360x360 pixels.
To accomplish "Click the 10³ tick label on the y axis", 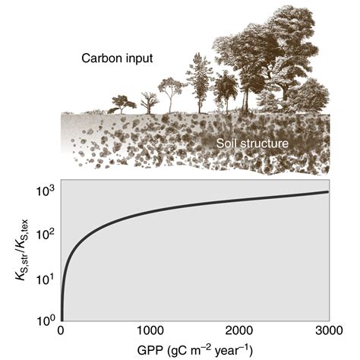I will click(x=47, y=192).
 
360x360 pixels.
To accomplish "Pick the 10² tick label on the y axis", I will click(x=47, y=235).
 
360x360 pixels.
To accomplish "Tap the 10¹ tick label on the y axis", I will click(x=47, y=277).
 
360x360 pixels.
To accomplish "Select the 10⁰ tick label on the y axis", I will click(x=47, y=320).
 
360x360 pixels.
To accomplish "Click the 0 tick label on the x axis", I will click(x=62, y=331).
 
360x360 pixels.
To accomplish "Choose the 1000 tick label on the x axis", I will click(x=150, y=331).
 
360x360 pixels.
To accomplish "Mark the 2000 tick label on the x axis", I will click(x=239, y=331).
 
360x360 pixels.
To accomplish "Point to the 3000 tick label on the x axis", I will click(x=327, y=331).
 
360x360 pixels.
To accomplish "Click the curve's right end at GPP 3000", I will click(x=328, y=191).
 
